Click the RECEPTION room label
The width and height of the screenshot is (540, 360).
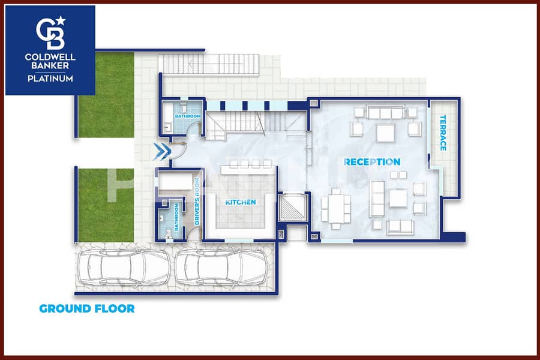(x=372, y=162)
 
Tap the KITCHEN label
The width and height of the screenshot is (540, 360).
(x=241, y=202)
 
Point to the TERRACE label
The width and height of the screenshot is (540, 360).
(x=443, y=133)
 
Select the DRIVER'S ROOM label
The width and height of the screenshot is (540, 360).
(x=197, y=202)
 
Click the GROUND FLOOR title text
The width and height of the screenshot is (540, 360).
(x=87, y=308)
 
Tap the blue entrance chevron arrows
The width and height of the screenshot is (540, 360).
(x=162, y=150)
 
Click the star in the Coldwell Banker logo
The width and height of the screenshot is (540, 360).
(x=61, y=20)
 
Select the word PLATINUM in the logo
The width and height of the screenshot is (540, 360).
(x=50, y=79)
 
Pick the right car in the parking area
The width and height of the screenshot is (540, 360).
(x=222, y=267)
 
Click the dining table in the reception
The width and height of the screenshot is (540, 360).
(x=336, y=209)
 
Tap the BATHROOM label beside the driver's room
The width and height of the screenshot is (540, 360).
(x=176, y=217)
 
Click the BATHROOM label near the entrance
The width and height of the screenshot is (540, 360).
(x=188, y=116)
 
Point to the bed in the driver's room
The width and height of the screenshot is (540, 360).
(x=175, y=182)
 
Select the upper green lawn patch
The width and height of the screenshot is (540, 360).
(x=106, y=95)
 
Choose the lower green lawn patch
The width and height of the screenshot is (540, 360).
(x=106, y=205)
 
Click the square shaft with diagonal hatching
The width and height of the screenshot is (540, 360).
(x=292, y=208)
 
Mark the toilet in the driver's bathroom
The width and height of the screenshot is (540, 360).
(x=169, y=234)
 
